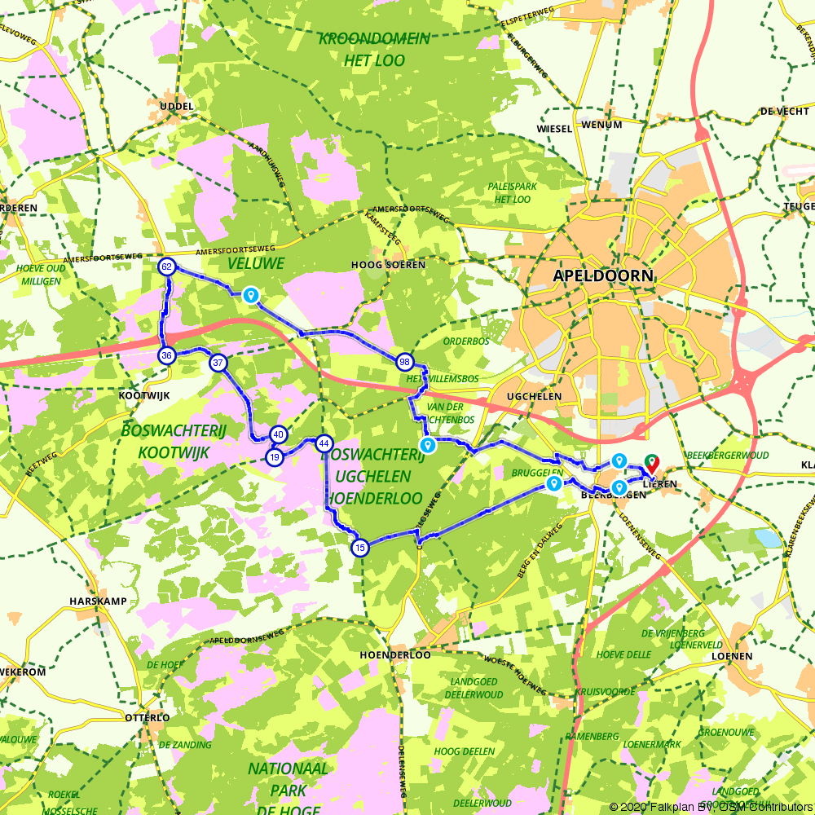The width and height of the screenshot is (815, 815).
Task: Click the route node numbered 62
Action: (167, 267)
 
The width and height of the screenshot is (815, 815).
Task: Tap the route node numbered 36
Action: (167, 355)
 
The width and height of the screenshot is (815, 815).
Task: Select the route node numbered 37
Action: (218, 363)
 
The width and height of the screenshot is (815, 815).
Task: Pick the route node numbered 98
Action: (404, 361)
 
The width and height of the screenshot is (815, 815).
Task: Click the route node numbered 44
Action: (324, 443)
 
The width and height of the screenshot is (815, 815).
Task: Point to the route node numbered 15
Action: (360, 548)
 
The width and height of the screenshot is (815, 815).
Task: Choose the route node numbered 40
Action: (278, 434)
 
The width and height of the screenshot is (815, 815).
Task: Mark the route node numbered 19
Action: (275, 457)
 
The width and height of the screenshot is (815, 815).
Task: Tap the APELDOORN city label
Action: (603, 275)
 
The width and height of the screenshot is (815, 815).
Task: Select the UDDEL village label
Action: (177, 107)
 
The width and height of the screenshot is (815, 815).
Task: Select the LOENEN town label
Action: (730, 655)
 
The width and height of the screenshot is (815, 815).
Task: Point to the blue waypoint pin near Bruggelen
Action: (554, 484)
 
